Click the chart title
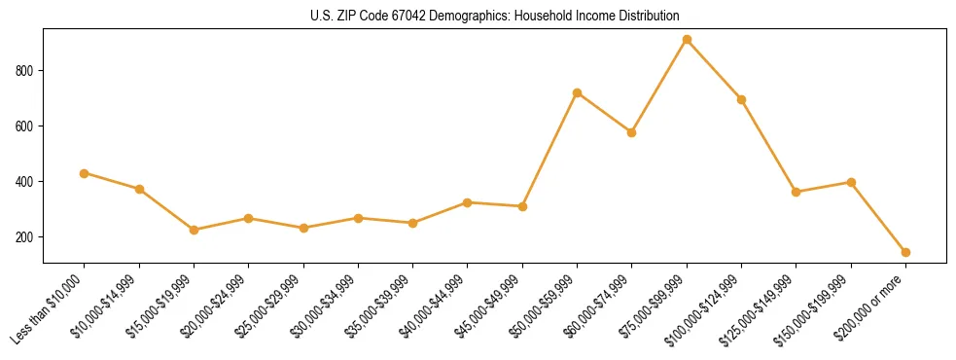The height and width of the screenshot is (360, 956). pos(494,16)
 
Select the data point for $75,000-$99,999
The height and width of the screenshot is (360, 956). pos(687,40)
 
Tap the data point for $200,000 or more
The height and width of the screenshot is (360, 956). pos(905,252)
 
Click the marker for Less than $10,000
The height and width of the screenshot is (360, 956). pos(85,173)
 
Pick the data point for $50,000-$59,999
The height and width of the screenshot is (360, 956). pos(577,93)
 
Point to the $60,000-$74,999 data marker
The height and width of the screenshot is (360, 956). pos(632,132)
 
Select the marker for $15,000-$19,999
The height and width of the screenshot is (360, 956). pos(194,230)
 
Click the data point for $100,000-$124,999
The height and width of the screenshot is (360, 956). pos(741,99)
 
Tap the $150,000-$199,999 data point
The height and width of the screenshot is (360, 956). pos(851,182)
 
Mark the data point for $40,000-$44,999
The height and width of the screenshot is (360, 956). pos(468,202)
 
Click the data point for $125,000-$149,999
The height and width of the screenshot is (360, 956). pos(797,192)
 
